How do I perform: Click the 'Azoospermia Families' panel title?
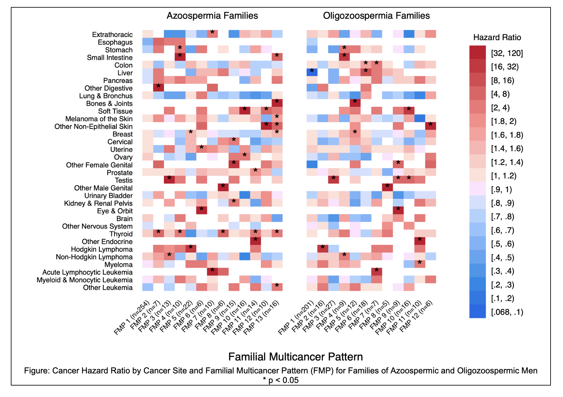(212, 16)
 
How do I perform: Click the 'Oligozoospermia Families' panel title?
(376, 16)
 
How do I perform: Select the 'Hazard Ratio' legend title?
(497, 37)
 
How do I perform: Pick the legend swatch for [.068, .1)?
(477, 312)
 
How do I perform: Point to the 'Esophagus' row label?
(115, 42)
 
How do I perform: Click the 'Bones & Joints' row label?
(109, 104)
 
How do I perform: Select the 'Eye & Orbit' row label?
(115, 211)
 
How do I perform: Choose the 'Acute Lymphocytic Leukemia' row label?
(87, 272)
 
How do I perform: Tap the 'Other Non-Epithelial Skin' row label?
(93, 126)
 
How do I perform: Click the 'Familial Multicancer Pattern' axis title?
(296, 357)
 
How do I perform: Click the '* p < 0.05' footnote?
(281, 380)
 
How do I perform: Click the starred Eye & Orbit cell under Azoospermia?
(201, 210)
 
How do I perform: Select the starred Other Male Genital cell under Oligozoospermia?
(387, 187)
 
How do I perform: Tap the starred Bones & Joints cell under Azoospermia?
(277, 103)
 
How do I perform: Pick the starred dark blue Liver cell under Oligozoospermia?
(312, 72)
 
